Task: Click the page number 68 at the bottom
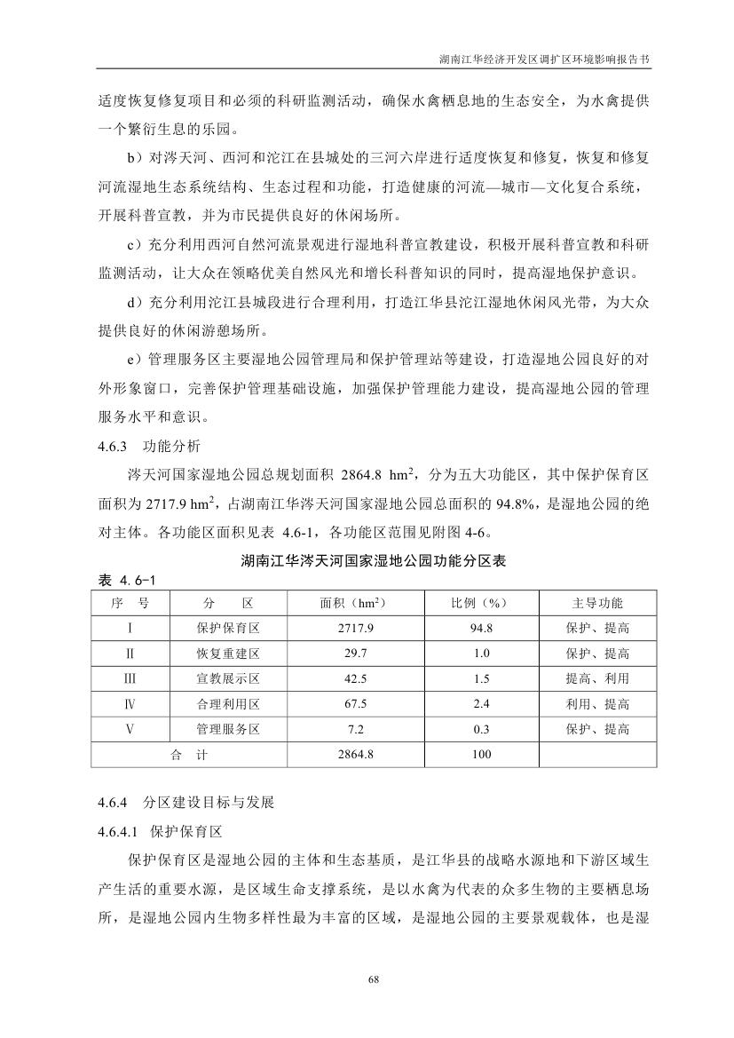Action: click(x=367, y=979)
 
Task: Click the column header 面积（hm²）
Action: click(x=352, y=603)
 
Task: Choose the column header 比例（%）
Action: click(x=478, y=603)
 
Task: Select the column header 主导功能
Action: click(x=597, y=603)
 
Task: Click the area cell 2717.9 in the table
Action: click(x=352, y=628)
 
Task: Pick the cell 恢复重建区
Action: click(x=227, y=654)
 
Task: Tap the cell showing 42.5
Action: click(x=352, y=678)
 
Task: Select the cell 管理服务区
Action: click(x=227, y=729)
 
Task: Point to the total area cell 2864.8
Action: click(x=352, y=755)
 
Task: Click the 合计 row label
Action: click(x=188, y=755)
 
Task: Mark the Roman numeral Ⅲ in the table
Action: click(x=130, y=678)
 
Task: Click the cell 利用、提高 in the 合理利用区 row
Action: click(x=597, y=704)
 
